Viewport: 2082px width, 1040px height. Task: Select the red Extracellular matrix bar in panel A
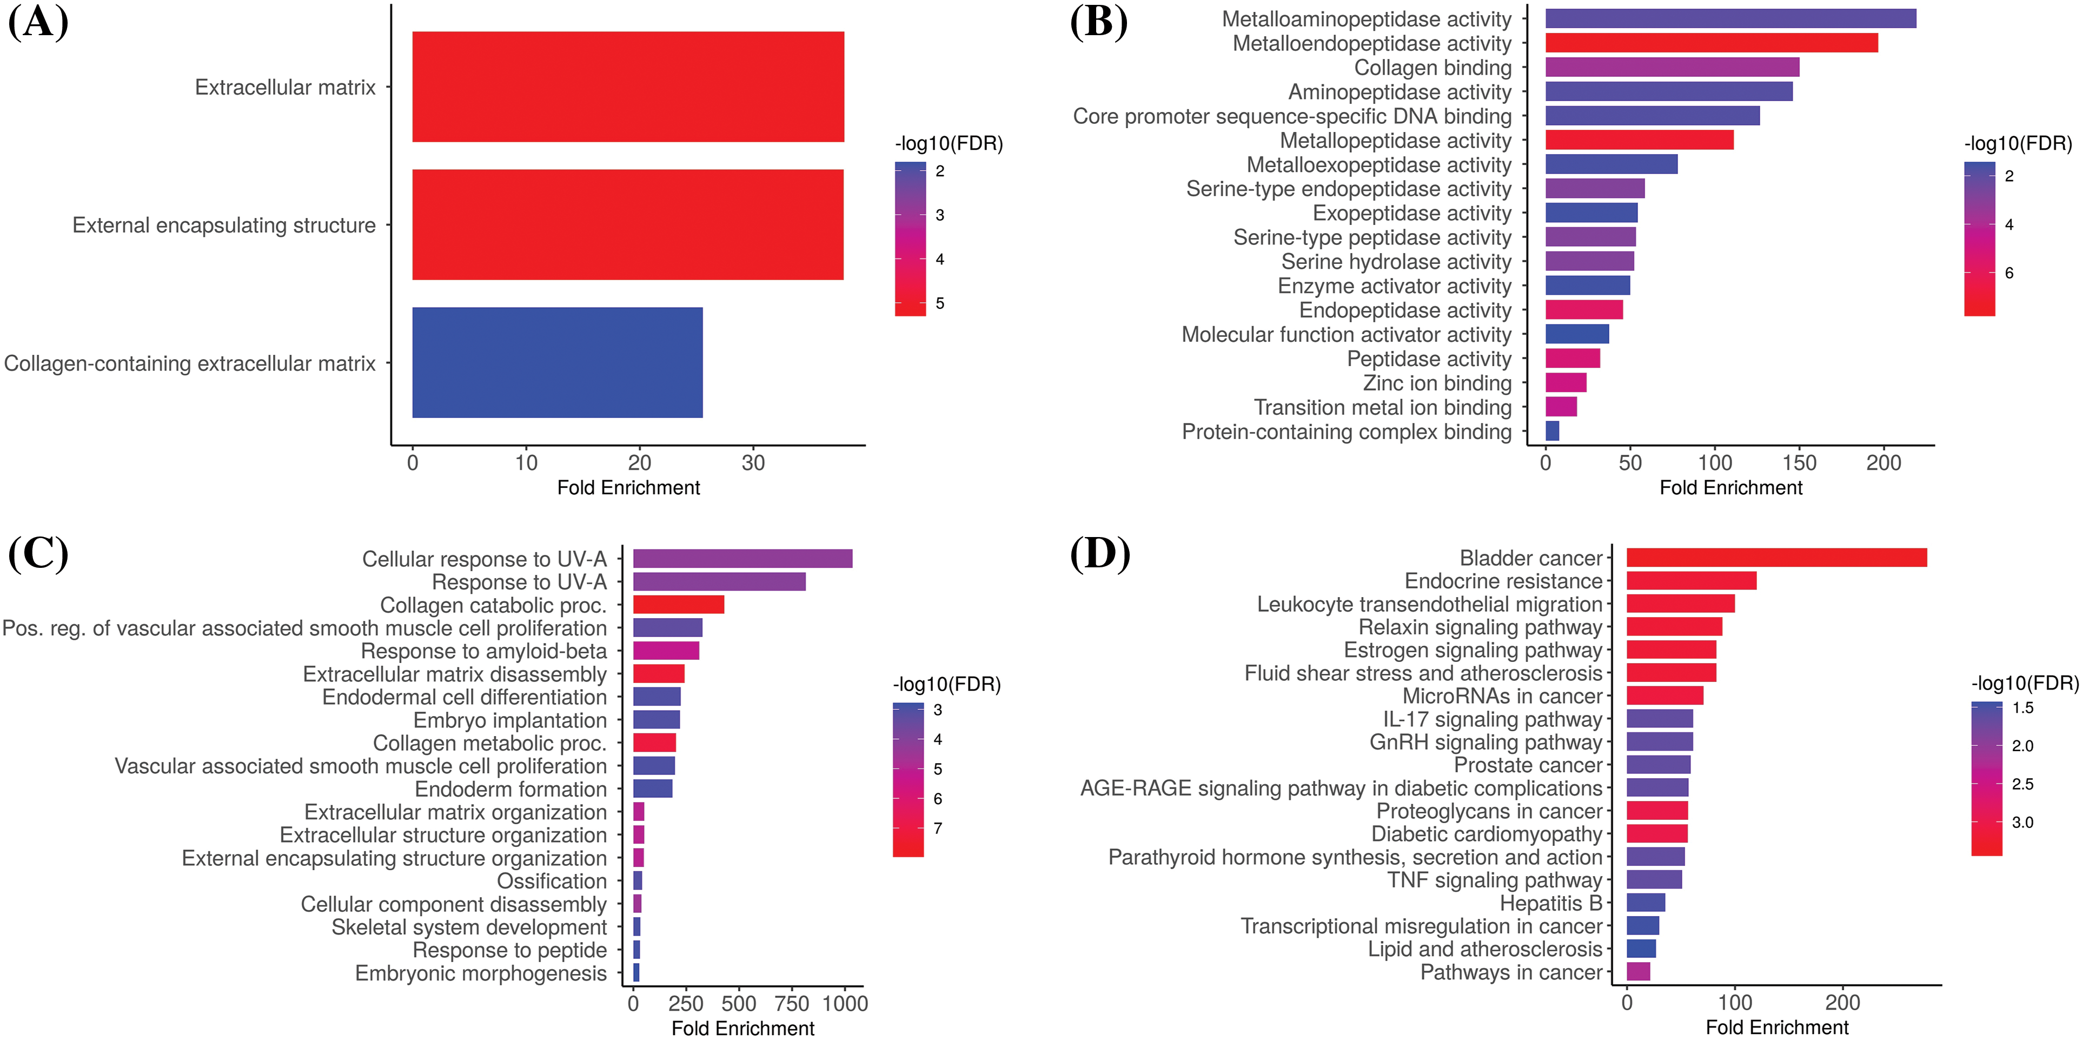(628, 87)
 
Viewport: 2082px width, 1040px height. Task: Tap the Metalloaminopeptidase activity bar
(1729, 18)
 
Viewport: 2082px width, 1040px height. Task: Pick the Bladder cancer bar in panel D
(1776, 558)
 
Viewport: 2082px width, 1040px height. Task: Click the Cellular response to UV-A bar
(742, 558)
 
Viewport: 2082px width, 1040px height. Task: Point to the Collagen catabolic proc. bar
(678, 605)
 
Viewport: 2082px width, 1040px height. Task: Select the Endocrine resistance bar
(1691, 580)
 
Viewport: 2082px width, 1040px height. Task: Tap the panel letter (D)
(1099, 554)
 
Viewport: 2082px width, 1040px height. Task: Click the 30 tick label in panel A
(752, 463)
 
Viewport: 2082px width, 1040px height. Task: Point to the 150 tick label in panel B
(1799, 463)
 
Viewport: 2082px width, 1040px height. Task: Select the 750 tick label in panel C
(791, 1004)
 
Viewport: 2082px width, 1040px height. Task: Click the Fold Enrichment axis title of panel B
(1730, 488)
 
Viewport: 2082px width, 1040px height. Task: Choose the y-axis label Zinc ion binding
(1436, 383)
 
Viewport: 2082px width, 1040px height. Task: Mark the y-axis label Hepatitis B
(1550, 903)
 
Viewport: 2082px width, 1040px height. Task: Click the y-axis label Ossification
(551, 881)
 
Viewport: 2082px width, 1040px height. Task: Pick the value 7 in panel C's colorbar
(938, 829)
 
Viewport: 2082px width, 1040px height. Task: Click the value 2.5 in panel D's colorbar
(2022, 784)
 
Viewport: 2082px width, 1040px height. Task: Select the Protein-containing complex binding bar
(1552, 430)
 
